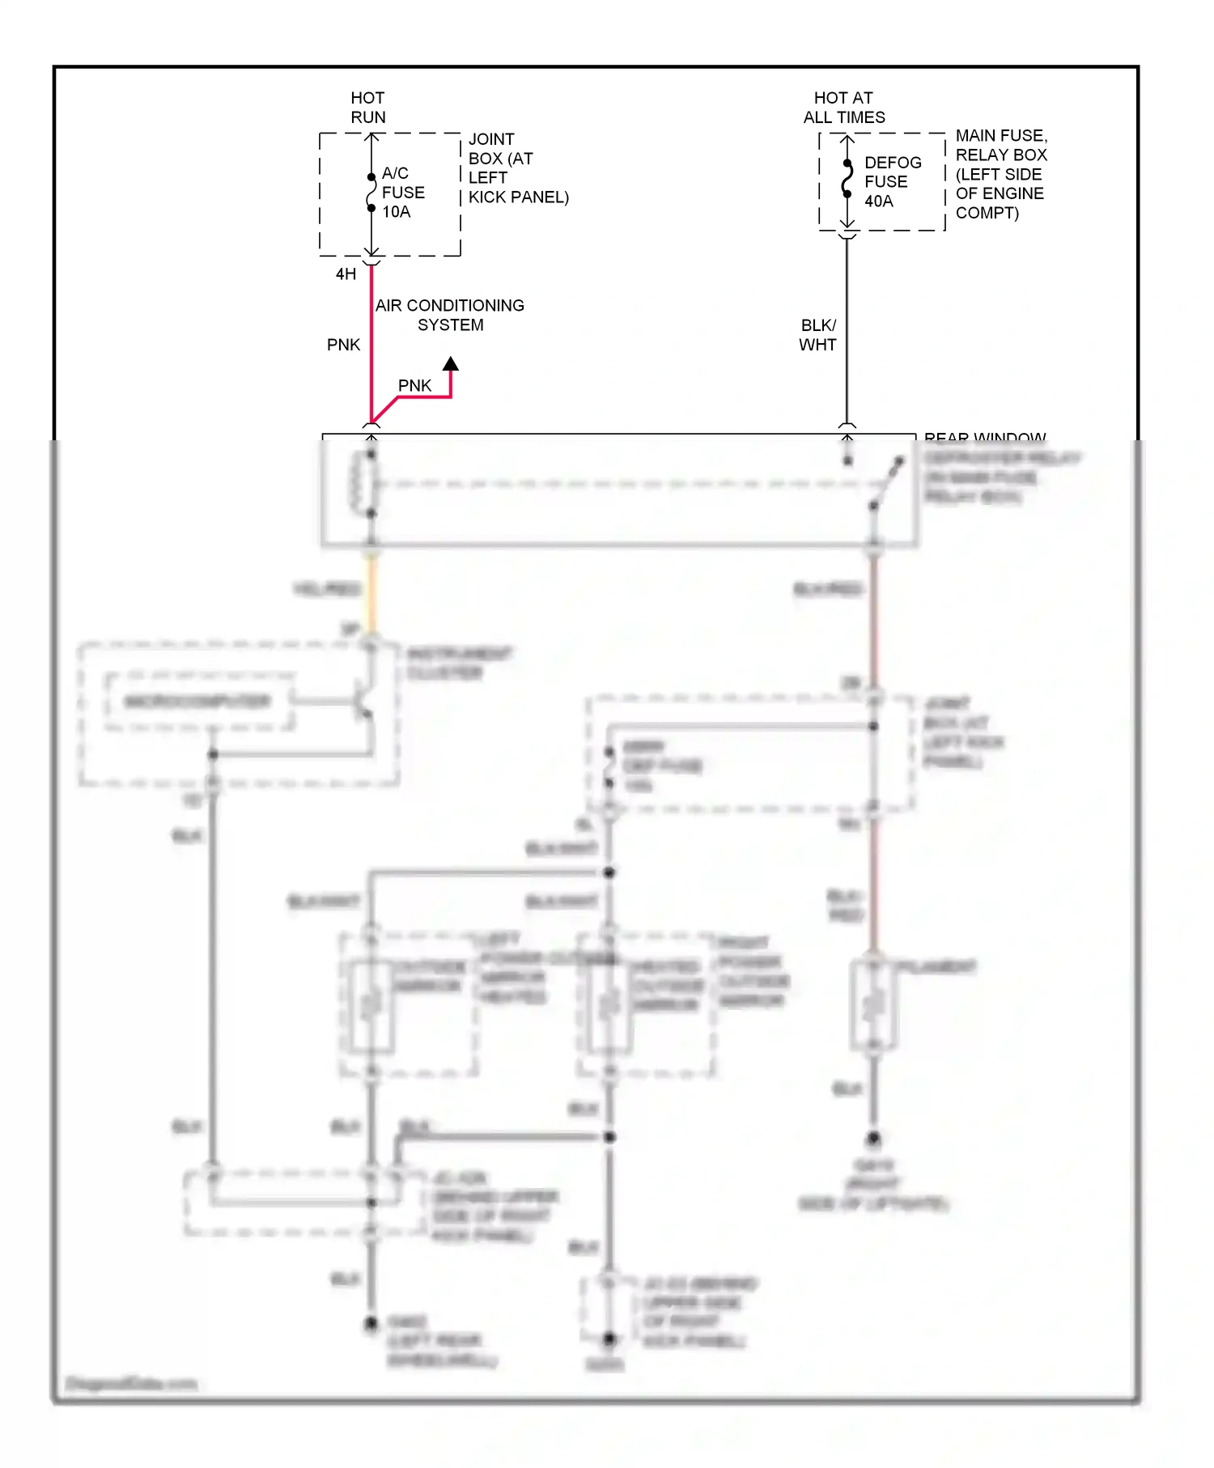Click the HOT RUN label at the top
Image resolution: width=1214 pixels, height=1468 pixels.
tap(367, 108)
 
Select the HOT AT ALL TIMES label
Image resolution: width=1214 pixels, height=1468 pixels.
tap(843, 108)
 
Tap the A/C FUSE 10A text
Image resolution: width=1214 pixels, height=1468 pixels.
tap(402, 193)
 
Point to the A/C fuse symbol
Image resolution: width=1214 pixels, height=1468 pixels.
tap(371, 193)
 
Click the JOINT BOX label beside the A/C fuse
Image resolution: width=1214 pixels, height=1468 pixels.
tap(517, 168)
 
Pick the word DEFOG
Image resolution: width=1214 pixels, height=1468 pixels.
tap(893, 163)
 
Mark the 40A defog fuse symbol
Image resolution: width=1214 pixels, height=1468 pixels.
tap(847, 179)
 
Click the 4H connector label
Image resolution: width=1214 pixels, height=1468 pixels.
tap(346, 274)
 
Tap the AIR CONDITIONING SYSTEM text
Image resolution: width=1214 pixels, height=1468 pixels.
tap(450, 315)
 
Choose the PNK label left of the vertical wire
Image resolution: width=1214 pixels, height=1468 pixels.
tap(343, 345)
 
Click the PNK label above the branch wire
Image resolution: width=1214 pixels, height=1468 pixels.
tap(414, 386)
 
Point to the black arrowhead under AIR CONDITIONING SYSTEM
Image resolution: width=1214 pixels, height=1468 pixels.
tap(451, 364)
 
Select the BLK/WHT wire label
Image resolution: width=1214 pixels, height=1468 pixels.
tap(817, 335)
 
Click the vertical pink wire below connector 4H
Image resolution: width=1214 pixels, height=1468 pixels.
tap(371, 340)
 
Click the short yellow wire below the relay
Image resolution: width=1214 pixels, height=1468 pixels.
tap(372, 595)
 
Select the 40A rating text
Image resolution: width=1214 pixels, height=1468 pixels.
tap(879, 202)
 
